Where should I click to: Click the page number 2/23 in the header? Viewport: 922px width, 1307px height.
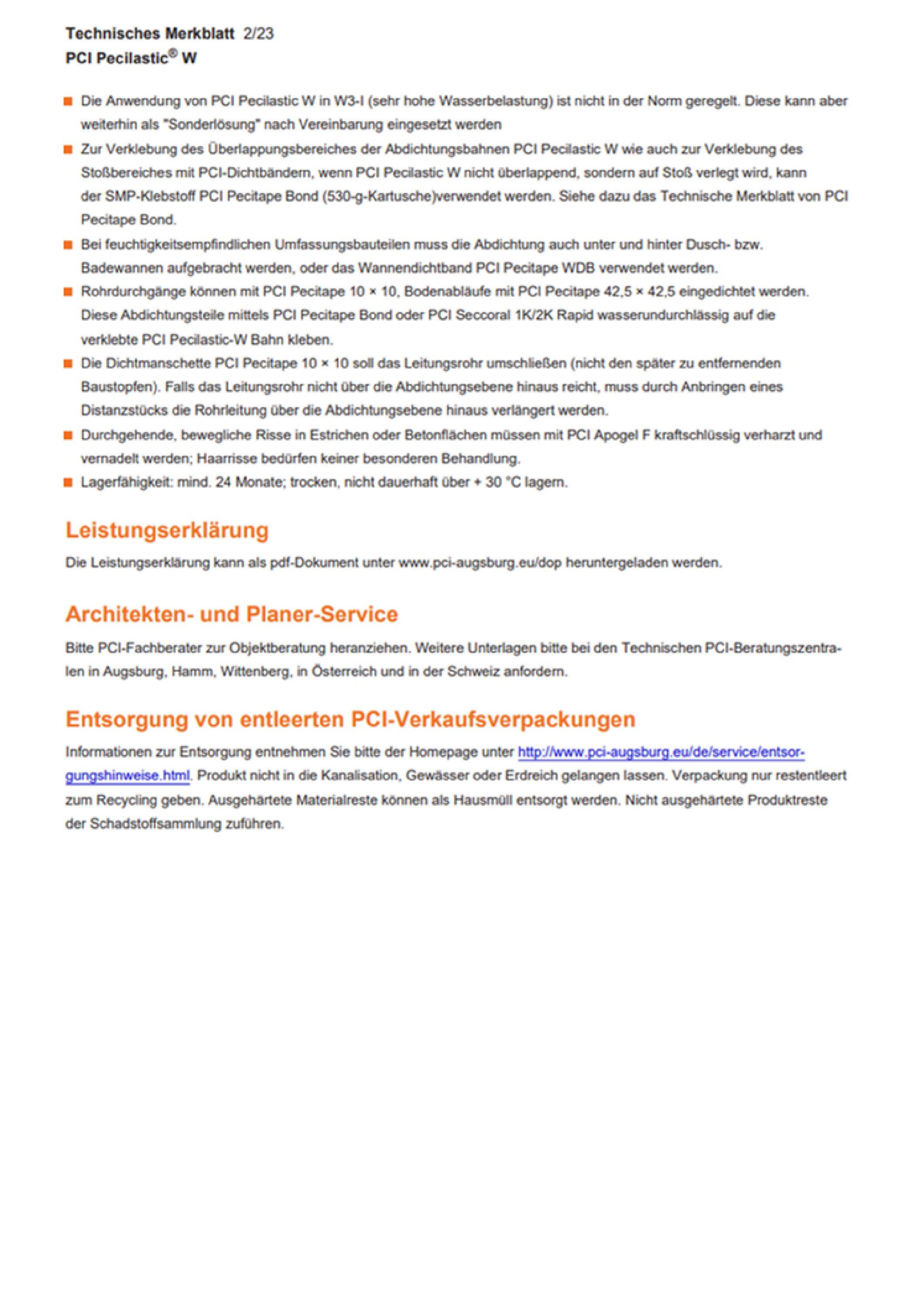(258, 34)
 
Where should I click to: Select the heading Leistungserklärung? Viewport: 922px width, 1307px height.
(167, 530)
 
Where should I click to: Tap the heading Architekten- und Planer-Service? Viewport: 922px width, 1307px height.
(232, 614)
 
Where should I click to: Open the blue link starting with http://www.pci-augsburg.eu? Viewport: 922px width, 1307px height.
(660, 752)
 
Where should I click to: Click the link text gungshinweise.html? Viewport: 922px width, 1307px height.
(128, 776)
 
